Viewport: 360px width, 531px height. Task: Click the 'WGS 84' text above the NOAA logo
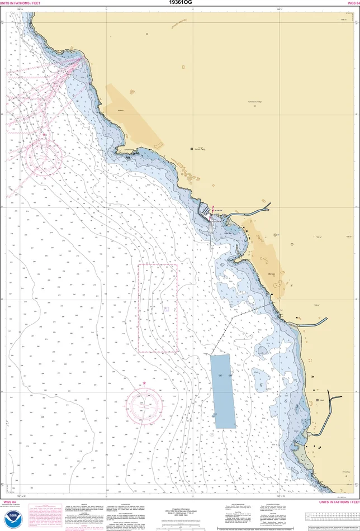tap(10, 502)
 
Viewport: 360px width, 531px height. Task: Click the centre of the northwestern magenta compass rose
tap(39, 154)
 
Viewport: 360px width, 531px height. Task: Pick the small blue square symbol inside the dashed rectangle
tap(167, 309)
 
